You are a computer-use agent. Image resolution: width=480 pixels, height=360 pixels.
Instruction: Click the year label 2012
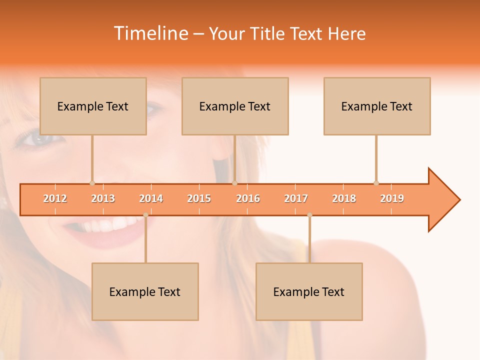tap(55, 198)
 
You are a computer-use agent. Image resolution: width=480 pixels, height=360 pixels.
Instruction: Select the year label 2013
tap(103, 198)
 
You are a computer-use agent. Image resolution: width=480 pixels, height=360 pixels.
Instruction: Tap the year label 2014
tap(151, 198)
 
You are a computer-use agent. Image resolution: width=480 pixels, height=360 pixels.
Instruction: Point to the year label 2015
tap(199, 198)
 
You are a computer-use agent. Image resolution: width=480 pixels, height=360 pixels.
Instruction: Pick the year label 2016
tap(248, 198)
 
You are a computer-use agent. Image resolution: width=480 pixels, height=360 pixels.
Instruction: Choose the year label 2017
tap(296, 198)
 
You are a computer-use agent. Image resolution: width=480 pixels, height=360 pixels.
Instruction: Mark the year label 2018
tap(344, 198)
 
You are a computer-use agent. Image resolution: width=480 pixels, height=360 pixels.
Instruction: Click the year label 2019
tap(392, 198)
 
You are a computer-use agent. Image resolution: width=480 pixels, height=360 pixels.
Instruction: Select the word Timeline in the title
tap(150, 33)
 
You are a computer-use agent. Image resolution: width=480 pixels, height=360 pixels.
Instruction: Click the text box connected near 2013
tap(93, 106)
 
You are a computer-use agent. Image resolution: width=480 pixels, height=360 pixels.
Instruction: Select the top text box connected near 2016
tap(235, 106)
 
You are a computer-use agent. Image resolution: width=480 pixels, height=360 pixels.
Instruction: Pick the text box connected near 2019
tap(377, 106)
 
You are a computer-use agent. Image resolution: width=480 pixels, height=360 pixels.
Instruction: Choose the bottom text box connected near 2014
tap(145, 291)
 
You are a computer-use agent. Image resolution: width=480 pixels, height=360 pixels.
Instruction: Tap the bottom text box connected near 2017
tap(309, 291)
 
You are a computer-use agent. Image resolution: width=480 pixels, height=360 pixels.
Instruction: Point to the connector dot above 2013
tap(92, 183)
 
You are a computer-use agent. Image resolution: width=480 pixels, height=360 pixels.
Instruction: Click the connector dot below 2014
tap(145, 215)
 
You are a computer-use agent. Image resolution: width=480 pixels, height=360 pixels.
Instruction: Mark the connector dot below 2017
tap(309, 215)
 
